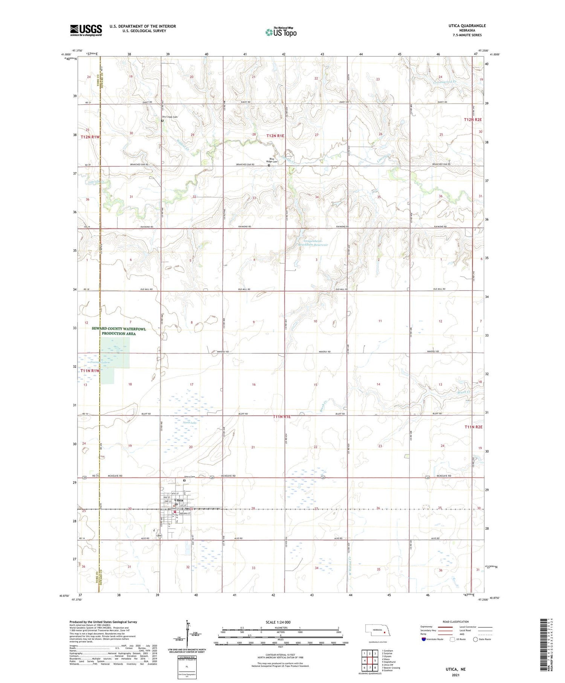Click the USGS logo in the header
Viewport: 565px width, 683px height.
click(86, 30)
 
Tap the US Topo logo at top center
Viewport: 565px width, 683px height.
click(281, 32)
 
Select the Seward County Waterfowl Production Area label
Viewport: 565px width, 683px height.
click(119, 331)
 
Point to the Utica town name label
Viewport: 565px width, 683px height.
click(179, 500)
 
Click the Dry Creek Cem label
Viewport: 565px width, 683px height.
click(169, 117)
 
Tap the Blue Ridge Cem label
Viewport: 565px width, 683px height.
click(273, 160)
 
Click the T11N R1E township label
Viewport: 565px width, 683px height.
click(282, 417)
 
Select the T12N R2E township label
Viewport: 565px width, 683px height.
click(473, 119)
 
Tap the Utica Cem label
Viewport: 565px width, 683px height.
click(189, 477)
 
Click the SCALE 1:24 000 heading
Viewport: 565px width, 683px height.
click(278, 622)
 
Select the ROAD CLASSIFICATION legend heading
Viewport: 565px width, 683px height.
click(456, 622)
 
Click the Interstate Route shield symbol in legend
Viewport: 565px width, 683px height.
click(424, 639)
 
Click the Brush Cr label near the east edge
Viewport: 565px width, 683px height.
click(464, 392)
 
